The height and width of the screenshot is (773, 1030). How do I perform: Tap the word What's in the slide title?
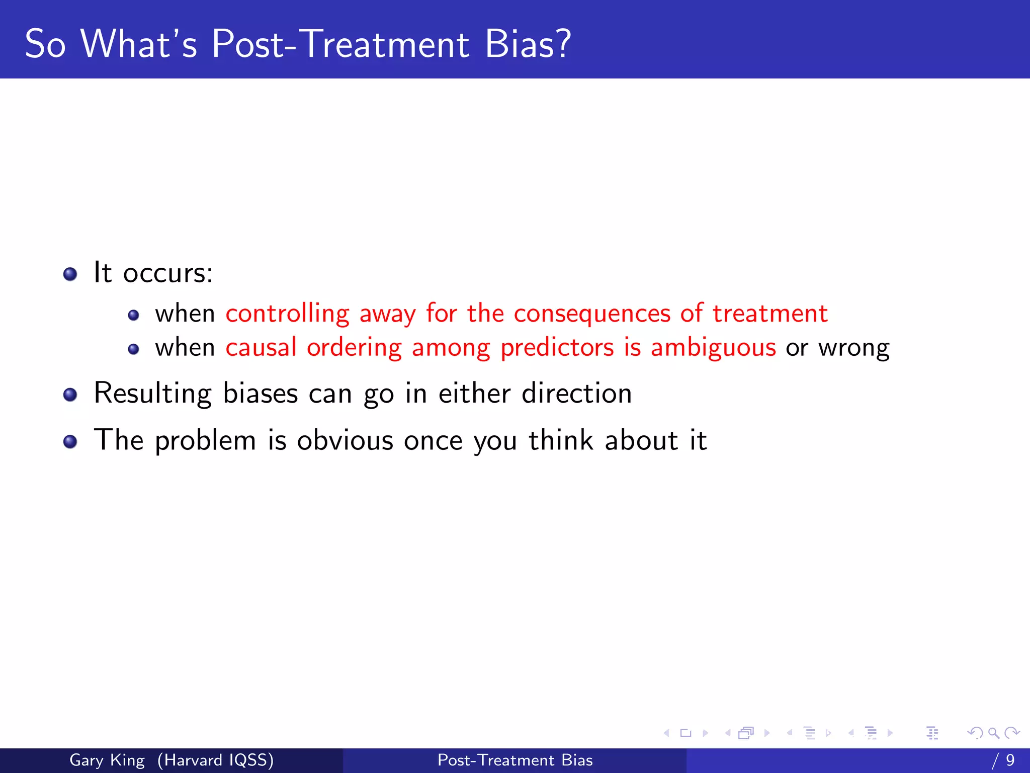139,44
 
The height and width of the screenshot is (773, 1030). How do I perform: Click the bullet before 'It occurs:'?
70,274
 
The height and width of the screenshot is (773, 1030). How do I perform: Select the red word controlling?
287,314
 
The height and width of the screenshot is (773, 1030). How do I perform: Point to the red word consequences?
592,314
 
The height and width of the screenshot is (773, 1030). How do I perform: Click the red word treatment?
769,314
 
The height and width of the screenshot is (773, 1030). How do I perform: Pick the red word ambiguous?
713,348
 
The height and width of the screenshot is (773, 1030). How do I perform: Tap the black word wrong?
853,348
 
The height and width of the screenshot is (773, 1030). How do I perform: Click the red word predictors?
557,348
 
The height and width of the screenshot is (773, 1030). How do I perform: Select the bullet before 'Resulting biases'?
70,395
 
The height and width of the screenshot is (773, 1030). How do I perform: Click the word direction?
576,393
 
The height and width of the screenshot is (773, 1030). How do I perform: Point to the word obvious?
345,440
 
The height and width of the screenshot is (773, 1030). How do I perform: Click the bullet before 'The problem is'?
70,442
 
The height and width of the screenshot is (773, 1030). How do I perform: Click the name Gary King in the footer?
107,760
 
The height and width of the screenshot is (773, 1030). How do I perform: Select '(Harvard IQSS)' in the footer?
215,760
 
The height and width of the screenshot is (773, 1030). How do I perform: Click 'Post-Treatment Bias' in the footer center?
515,760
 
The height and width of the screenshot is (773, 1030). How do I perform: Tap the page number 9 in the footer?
1010,760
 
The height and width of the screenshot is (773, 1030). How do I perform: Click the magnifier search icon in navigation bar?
993,733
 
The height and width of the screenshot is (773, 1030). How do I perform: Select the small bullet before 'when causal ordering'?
133,349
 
